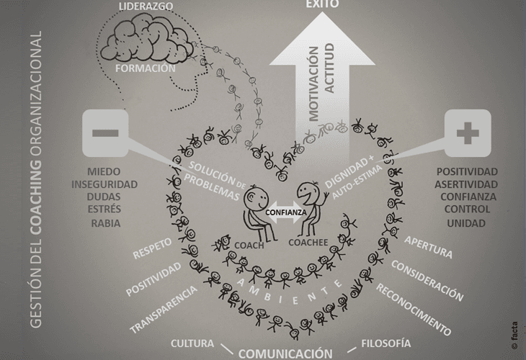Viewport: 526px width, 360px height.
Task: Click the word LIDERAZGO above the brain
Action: (x=146, y=6)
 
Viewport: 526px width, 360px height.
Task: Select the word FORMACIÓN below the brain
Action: (x=146, y=68)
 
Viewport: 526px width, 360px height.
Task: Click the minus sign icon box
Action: (x=105, y=133)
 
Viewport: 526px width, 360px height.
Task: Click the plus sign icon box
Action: (x=468, y=133)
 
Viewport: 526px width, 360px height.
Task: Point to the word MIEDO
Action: (x=104, y=171)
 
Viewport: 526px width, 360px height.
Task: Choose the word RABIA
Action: (x=106, y=223)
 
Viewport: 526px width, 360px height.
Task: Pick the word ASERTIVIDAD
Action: (x=466, y=184)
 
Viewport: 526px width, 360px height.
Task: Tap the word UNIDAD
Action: (x=466, y=223)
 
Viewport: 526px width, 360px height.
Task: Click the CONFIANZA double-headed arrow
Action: (x=286, y=212)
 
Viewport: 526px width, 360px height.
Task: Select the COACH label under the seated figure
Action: (x=249, y=246)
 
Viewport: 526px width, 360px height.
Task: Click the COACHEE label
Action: (x=308, y=243)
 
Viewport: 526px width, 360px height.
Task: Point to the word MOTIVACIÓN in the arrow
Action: (x=313, y=84)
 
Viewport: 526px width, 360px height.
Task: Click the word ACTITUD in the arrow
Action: (x=329, y=68)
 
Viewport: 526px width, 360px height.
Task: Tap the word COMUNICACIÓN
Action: (x=285, y=354)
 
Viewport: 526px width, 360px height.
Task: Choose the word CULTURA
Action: (x=192, y=343)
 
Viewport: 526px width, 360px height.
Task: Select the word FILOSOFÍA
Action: (x=385, y=343)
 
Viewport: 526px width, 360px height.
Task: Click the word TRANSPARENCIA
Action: (x=164, y=310)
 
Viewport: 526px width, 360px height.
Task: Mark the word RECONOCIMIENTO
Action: (x=414, y=310)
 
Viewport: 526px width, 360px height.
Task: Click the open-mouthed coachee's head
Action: (x=306, y=193)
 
